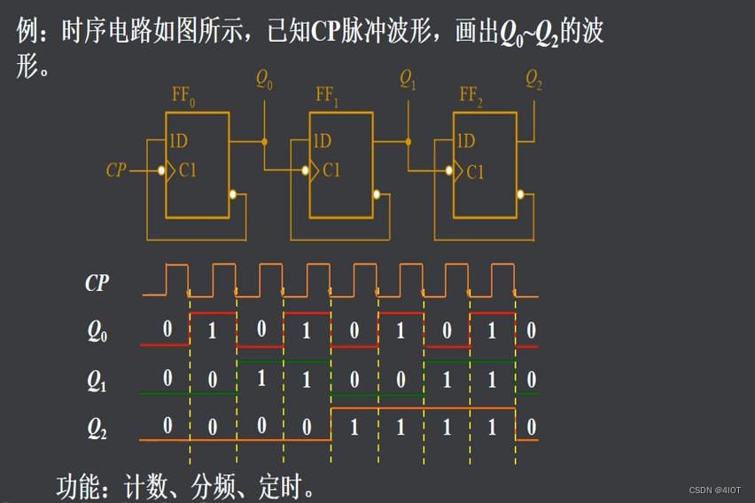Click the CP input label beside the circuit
click(116, 170)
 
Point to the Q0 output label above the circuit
click(264, 80)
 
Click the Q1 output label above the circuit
click(408, 80)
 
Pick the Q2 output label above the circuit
click(533, 80)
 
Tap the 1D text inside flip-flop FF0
click(178, 141)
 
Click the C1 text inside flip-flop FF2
click(475, 171)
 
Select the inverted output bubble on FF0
click(233, 194)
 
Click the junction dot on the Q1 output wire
click(409, 141)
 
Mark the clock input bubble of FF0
click(160, 170)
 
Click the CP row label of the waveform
click(97, 283)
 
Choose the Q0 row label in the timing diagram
click(97, 332)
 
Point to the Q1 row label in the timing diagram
click(97, 381)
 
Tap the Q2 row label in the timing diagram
click(97, 429)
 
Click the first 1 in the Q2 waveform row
click(354, 428)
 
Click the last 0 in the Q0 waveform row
click(531, 331)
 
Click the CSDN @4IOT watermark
click(715, 490)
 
